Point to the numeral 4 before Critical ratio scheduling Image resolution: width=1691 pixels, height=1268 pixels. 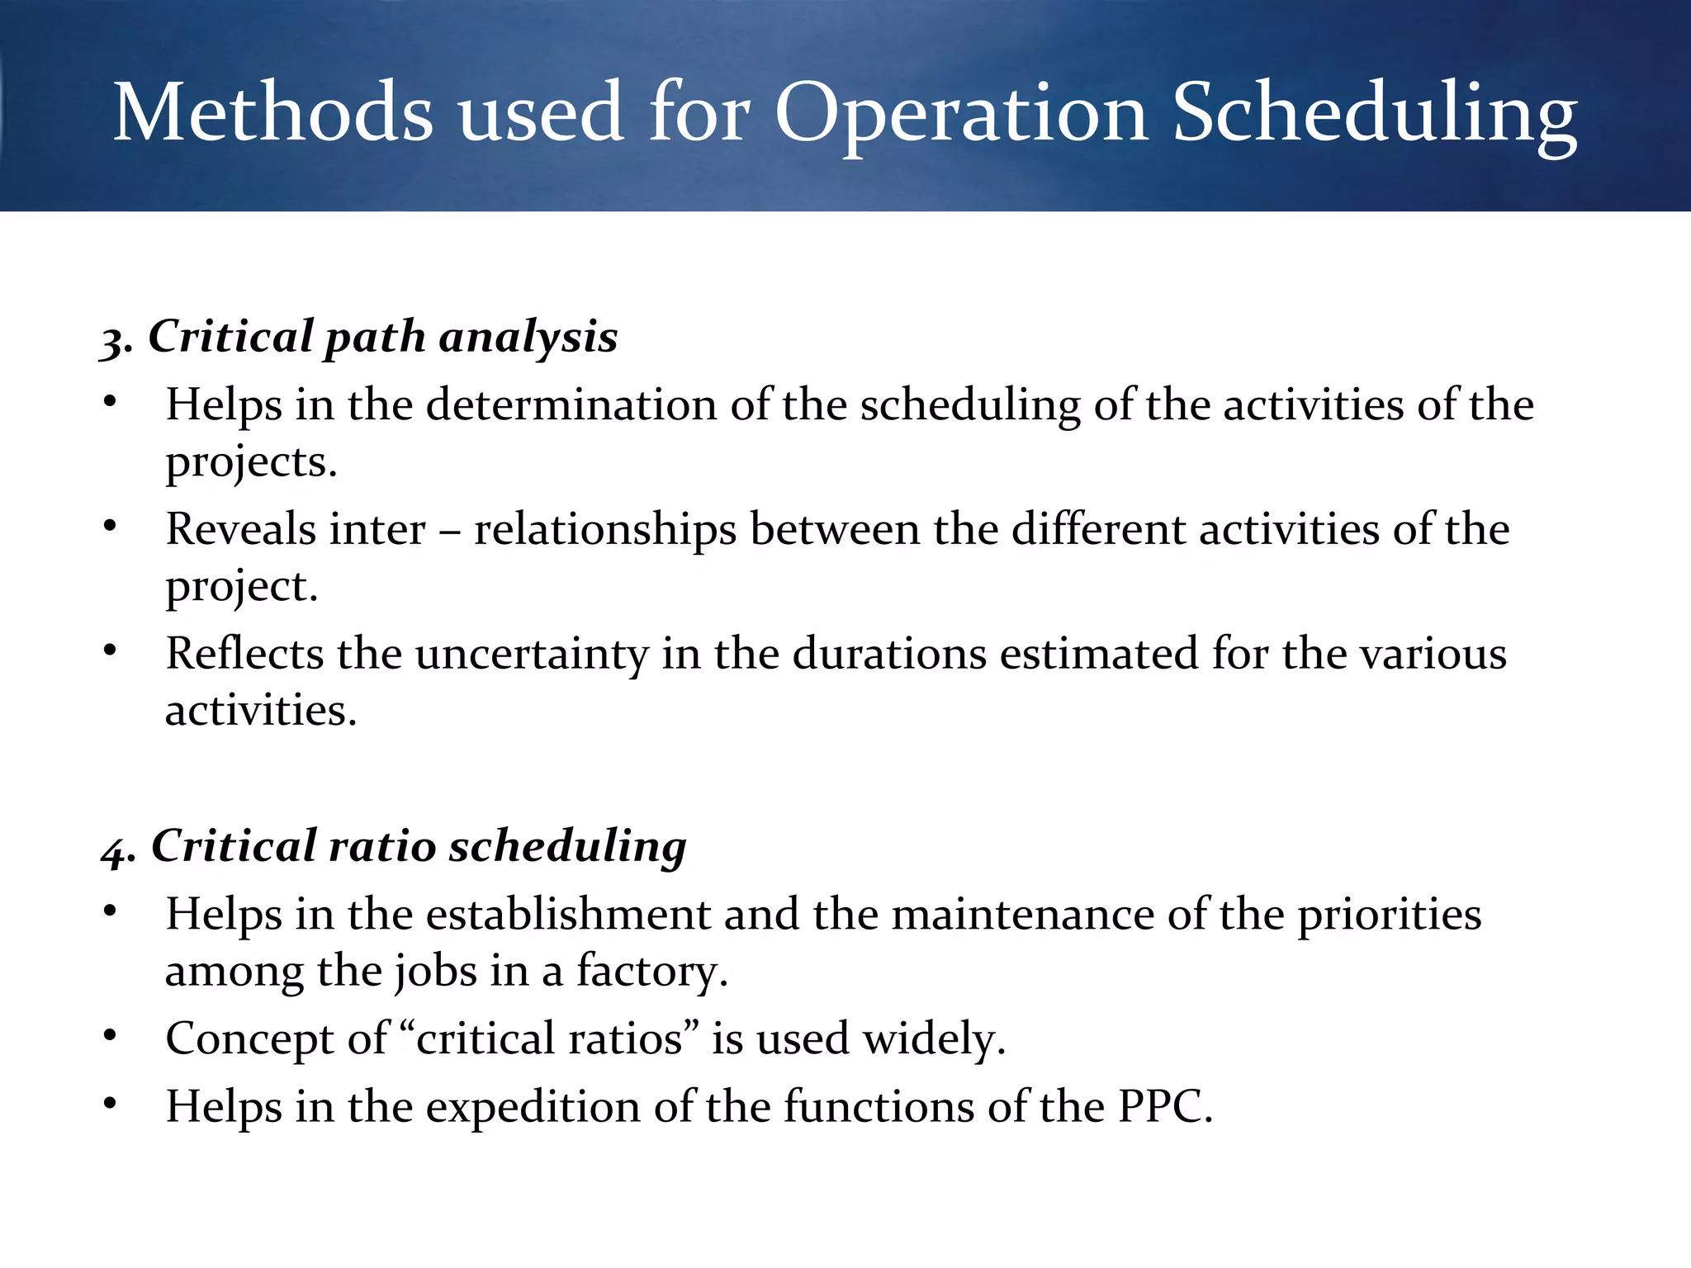(116, 849)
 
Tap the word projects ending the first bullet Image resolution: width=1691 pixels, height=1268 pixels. (250, 462)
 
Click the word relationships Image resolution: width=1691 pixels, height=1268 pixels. (604, 529)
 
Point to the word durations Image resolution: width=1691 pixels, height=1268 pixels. (889, 654)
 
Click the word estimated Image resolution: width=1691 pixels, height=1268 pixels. (1099, 654)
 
